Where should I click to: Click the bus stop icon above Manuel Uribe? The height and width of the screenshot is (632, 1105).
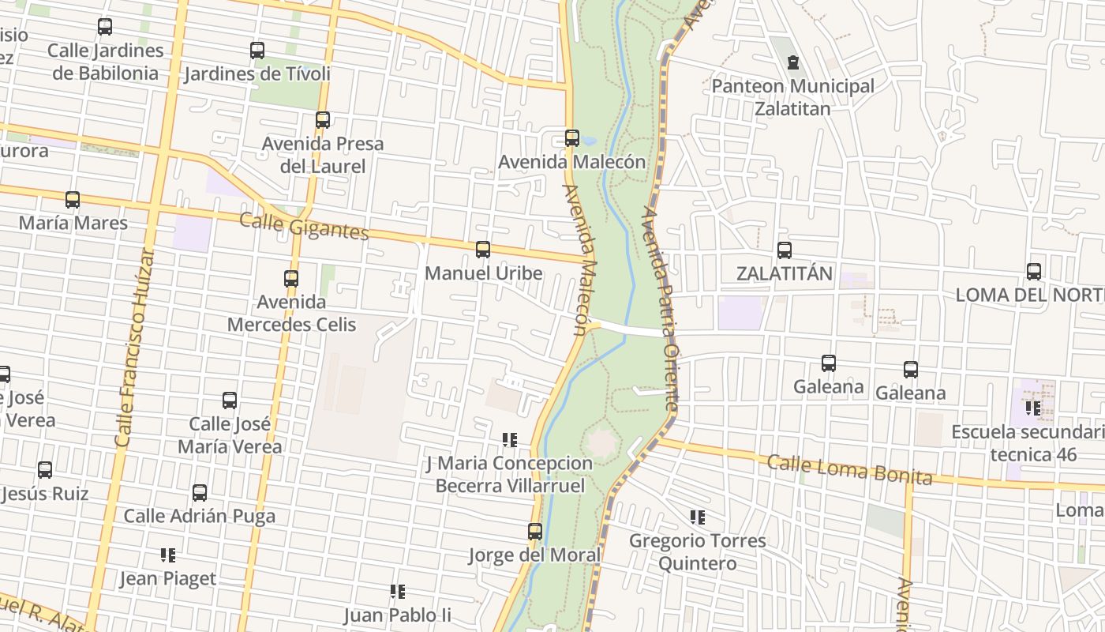[x=483, y=250]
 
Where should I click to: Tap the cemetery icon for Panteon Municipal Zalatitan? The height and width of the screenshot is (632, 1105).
[x=793, y=62]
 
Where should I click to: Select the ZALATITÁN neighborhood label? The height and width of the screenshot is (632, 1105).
[x=784, y=273]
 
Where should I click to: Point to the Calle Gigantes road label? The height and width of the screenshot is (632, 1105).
[x=304, y=226]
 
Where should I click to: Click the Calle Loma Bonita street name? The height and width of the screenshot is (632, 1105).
[x=849, y=469]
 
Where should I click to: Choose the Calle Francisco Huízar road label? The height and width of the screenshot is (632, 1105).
[x=134, y=348]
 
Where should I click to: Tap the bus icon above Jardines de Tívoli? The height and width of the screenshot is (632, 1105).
[x=257, y=51]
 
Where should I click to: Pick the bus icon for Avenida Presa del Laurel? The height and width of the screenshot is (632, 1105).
[x=323, y=120]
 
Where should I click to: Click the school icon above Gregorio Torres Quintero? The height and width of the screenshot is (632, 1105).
[x=697, y=517]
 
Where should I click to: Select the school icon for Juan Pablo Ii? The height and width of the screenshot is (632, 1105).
[x=398, y=591]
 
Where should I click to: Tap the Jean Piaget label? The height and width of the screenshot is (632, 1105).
[x=167, y=579]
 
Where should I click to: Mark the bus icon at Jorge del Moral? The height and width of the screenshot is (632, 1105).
[x=535, y=532]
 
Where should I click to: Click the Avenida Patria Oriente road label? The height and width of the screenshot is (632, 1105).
[x=661, y=308]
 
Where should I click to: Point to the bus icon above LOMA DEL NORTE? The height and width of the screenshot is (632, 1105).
[x=1034, y=272]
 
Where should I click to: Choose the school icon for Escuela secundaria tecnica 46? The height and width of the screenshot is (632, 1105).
[x=1032, y=408]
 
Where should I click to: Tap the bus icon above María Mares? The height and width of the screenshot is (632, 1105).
[x=73, y=200]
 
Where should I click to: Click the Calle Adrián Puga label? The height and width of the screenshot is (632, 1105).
[x=200, y=517]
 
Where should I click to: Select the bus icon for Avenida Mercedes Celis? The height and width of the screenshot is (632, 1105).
[x=291, y=279]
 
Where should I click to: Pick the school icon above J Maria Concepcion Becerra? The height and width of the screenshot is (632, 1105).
[x=510, y=439]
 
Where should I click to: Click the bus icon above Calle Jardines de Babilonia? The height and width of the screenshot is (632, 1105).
[x=105, y=27]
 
